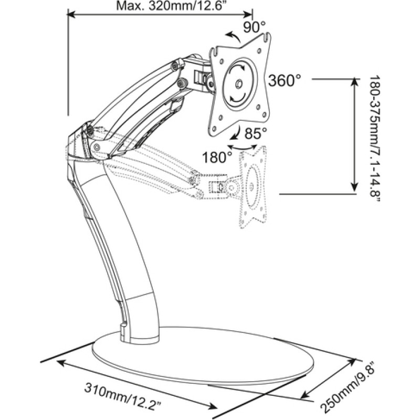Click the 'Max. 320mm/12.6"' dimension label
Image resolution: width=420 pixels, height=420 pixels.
click(160, 6)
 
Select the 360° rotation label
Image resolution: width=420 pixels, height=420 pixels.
click(284, 80)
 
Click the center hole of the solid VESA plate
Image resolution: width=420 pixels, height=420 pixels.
click(238, 83)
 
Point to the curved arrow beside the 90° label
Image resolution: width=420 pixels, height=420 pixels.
click(232, 36)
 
